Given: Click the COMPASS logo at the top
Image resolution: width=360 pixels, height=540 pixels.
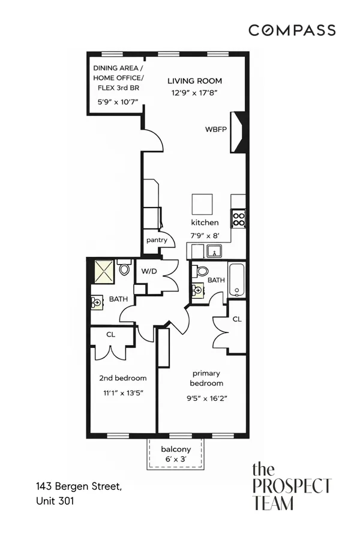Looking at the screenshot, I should [292, 30].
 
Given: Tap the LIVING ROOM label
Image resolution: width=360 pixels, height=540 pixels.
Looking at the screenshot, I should [194, 81].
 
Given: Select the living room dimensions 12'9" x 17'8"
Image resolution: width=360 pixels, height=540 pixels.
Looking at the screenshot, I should [194, 92].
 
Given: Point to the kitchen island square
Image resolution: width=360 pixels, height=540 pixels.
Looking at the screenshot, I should [203, 205].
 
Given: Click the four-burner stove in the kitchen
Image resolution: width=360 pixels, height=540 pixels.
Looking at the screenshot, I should [239, 218].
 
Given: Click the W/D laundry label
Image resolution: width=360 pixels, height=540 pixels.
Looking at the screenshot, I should [149, 271].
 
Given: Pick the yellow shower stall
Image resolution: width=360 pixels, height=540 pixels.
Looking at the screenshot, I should [103, 271].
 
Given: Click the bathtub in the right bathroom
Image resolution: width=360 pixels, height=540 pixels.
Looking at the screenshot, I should [238, 280].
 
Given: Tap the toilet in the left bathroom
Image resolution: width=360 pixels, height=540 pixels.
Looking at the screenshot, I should [124, 269].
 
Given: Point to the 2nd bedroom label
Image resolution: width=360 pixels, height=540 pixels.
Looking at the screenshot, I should [122, 378].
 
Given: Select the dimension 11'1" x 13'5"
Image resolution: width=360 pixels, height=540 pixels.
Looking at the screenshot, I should [122, 393].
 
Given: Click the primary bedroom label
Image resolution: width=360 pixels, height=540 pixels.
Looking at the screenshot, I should [206, 378].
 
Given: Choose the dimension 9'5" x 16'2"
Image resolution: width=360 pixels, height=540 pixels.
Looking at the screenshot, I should [207, 397].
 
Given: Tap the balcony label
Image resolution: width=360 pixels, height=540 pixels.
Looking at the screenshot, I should [176, 449].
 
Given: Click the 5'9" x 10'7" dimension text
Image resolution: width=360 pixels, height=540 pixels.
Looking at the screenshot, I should [118, 102].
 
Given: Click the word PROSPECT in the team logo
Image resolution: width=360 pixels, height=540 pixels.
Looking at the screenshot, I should [291, 485].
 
